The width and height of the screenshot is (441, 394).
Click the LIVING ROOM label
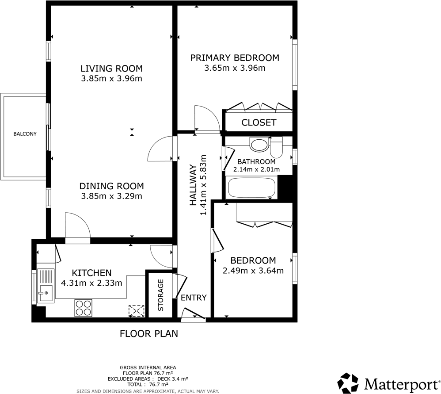coord(111,69)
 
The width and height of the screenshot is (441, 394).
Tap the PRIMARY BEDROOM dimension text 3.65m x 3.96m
coord(235,68)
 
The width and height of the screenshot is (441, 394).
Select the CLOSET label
coord(259,122)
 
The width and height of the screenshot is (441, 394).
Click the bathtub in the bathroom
coord(251,187)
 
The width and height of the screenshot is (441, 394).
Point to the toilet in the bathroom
coord(276,147)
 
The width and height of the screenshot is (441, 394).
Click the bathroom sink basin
coord(259,144)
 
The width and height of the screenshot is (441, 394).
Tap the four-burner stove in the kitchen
coord(84,308)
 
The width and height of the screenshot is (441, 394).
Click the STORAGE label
coord(161,295)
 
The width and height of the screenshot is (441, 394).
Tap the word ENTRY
coord(194,298)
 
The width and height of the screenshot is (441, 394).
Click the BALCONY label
coord(25,134)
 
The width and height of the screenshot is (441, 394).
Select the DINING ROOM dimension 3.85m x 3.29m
coord(111,196)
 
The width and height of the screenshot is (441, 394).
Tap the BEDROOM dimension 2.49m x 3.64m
coord(253,271)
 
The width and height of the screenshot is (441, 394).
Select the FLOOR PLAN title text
coord(149,333)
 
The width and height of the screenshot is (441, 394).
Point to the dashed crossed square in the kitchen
coord(137,311)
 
